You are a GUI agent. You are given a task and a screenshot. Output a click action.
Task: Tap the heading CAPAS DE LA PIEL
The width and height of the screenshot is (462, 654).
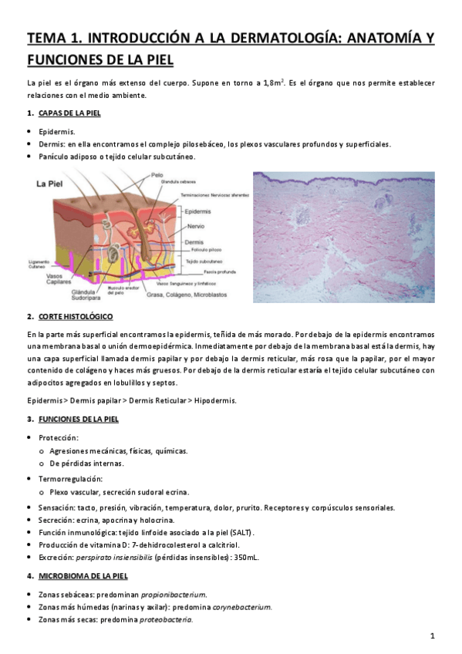(x=69, y=113)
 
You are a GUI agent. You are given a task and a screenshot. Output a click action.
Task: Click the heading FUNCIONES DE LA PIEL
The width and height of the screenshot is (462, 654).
(x=78, y=419)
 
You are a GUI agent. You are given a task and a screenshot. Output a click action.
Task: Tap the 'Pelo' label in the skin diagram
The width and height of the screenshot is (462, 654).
(x=157, y=175)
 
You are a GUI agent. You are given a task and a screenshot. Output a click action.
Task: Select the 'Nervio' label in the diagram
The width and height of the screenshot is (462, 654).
(x=194, y=226)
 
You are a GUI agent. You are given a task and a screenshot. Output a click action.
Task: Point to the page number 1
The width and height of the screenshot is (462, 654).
(x=433, y=636)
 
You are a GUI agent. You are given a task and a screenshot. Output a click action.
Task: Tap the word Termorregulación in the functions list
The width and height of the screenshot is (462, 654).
(x=70, y=478)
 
